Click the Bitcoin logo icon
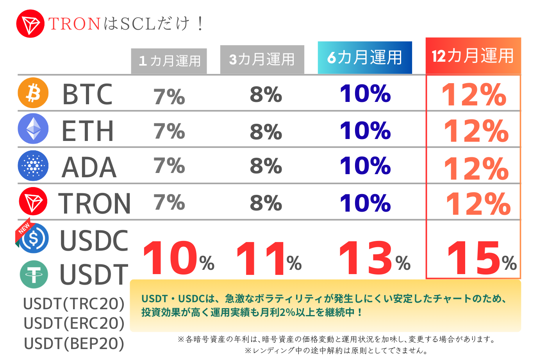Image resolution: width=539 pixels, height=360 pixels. click(33, 93)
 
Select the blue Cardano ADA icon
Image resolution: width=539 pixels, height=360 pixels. click(33, 166)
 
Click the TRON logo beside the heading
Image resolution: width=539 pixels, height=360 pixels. click(30, 24)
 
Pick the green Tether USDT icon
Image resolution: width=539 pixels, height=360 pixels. click(34, 274)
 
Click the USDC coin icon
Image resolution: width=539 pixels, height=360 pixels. click(34, 238)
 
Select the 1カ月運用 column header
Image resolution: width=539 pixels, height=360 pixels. click(169, 61)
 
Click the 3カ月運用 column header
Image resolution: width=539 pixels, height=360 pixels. click(262, 59)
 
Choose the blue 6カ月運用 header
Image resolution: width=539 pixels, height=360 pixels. click(364, 57)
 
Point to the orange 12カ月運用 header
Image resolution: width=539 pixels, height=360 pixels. click(473, 56)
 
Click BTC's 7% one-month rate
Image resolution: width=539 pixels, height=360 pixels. click(169, 96)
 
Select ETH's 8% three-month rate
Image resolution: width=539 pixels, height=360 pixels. click(266, 132)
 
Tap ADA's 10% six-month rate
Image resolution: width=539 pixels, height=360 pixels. click(365, 166)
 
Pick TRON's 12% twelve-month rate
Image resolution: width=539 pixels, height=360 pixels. click(478, 203)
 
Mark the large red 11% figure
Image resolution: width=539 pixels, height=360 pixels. click(268, 258)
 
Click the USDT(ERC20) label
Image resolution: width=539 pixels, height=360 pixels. click(74, 323)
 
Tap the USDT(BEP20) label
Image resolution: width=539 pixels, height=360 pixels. click(74, 344)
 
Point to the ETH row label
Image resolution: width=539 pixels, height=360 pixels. click(88, 131)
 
